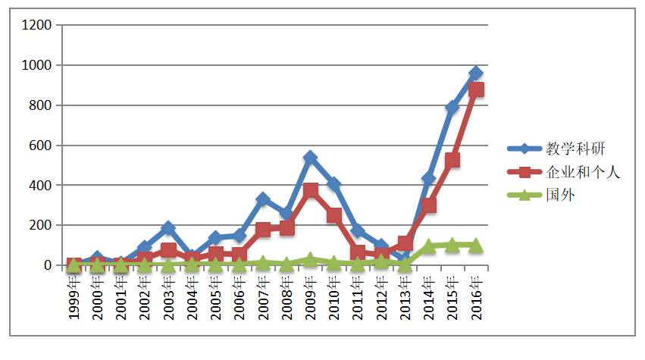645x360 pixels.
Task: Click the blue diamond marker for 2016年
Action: (476, 74)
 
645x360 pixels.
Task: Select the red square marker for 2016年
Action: (476, 89)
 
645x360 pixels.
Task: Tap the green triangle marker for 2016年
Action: (476, 245)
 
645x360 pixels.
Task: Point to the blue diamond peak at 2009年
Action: (310, 158)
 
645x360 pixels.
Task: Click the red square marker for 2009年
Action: (310, 190)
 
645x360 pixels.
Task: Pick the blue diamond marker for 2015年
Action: (452, 108)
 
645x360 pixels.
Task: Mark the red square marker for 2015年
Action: (452, 160)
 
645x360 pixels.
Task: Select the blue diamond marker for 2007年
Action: (263, 199)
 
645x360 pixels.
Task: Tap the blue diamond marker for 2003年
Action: (168, 228)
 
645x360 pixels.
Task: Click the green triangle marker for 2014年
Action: (429, 246)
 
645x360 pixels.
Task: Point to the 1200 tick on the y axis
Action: (37, 26)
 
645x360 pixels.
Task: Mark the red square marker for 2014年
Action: (429, 205)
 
